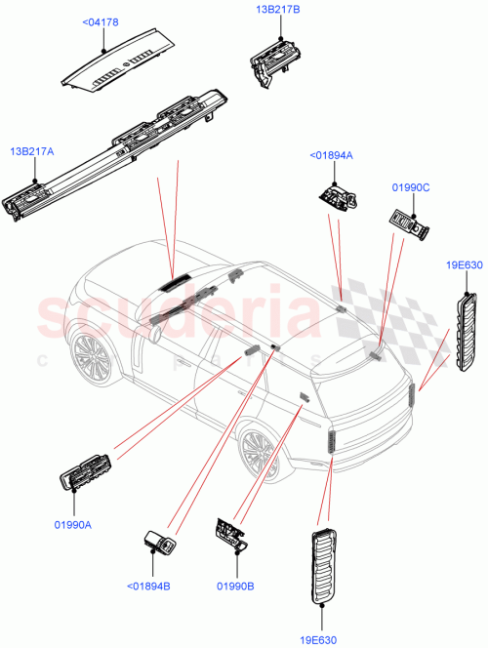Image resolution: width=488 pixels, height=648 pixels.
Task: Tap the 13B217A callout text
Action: pyautogui.click(x=32, y=151)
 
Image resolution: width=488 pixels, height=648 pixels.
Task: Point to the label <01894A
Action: pyautogui.click(x=332, y=154)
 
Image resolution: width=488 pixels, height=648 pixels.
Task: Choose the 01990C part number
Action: pyautogui.click(x=411, y=186)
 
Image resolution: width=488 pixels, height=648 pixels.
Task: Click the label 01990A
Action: pyautogui.click(x=72, y=524)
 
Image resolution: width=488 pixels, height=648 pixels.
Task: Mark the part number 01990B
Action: pyautogui.click(x=234, y=586)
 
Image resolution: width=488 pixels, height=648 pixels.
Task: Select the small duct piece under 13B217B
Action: pyautogui.click(x=272, y=58)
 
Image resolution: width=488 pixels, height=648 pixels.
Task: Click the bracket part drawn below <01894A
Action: pyautogui.click(x=338, y=197)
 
